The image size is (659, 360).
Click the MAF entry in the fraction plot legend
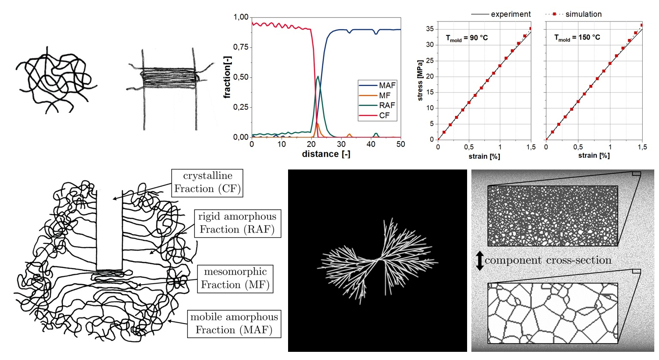coord(386,85)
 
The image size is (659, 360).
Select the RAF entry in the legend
coord(386,106)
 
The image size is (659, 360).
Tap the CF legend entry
coord(384,115)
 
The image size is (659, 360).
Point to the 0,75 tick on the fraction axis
coord(241,47)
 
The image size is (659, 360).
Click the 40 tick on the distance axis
coord(371,145)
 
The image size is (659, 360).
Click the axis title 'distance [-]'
coord(326,154)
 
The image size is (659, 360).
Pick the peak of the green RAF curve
coord(318,77)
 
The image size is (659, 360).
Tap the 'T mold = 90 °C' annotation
coord(467,38)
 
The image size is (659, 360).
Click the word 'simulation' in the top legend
coord(583,14)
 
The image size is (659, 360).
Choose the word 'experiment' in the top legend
coord(510,14)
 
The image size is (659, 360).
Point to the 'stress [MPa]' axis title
coord(420,81)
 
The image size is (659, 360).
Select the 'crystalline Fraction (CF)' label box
coord(207,183)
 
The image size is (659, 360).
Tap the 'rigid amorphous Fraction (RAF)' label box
coord(237,223)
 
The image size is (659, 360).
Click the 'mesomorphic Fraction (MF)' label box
coord(235,279)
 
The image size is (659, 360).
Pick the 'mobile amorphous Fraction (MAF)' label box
coord(234,324)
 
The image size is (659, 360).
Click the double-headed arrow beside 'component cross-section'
coord(480,261)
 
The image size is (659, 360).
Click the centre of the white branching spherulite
coord(378,260)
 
